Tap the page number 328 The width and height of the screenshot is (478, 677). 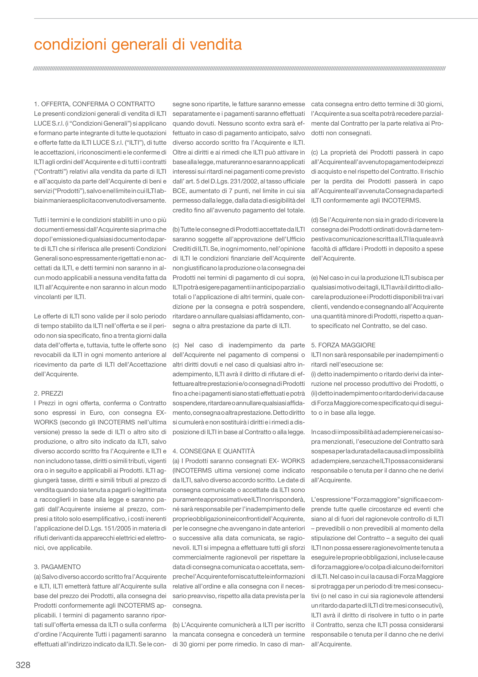[x=23, y=665]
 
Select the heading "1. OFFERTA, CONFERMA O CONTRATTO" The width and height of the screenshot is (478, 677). [x=94, y=104]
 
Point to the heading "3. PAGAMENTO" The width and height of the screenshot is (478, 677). [x=57, y=567]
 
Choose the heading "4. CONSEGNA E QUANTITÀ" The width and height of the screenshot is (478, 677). [x=213, y=451]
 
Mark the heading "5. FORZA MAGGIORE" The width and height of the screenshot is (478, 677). [x=343, y=345]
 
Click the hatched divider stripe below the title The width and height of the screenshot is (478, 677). [x=239, y=69]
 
